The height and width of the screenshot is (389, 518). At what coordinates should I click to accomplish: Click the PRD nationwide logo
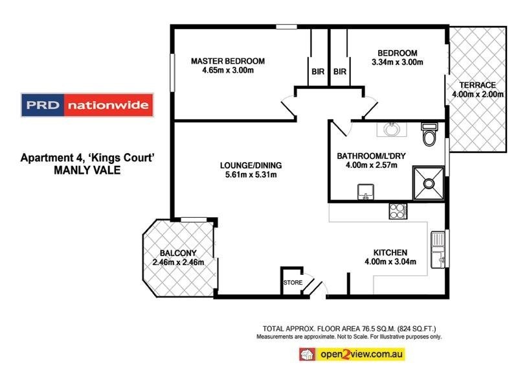[x=86, y=105]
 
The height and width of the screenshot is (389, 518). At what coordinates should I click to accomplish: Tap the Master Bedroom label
[x=227, y=61]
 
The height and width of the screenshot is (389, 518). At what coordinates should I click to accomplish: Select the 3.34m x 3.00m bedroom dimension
[x=397, y=63]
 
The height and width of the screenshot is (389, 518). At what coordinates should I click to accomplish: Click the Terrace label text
[x=477, y=85]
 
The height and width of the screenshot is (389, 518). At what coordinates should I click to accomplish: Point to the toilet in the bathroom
[x=429, y=135]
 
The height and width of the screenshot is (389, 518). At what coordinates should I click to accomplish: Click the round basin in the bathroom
[x=392, y=129]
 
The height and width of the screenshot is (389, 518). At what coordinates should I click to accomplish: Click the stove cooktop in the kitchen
[x=396, y=210]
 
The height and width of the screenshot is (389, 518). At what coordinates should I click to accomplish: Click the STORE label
[x=292, y=283]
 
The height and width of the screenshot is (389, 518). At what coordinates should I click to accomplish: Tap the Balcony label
[x=178, y=253]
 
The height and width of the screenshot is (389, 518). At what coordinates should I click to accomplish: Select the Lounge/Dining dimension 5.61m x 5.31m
[x=251, y=174]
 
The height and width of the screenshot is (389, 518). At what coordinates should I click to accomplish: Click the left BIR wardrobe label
[x=317, y=72]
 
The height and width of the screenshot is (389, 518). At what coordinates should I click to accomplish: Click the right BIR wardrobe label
[x=339, y=72]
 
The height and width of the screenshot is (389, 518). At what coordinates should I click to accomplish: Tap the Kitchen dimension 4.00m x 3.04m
[x=389, y=262]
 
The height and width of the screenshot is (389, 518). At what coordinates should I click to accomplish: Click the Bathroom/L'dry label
[x=368, y=156]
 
